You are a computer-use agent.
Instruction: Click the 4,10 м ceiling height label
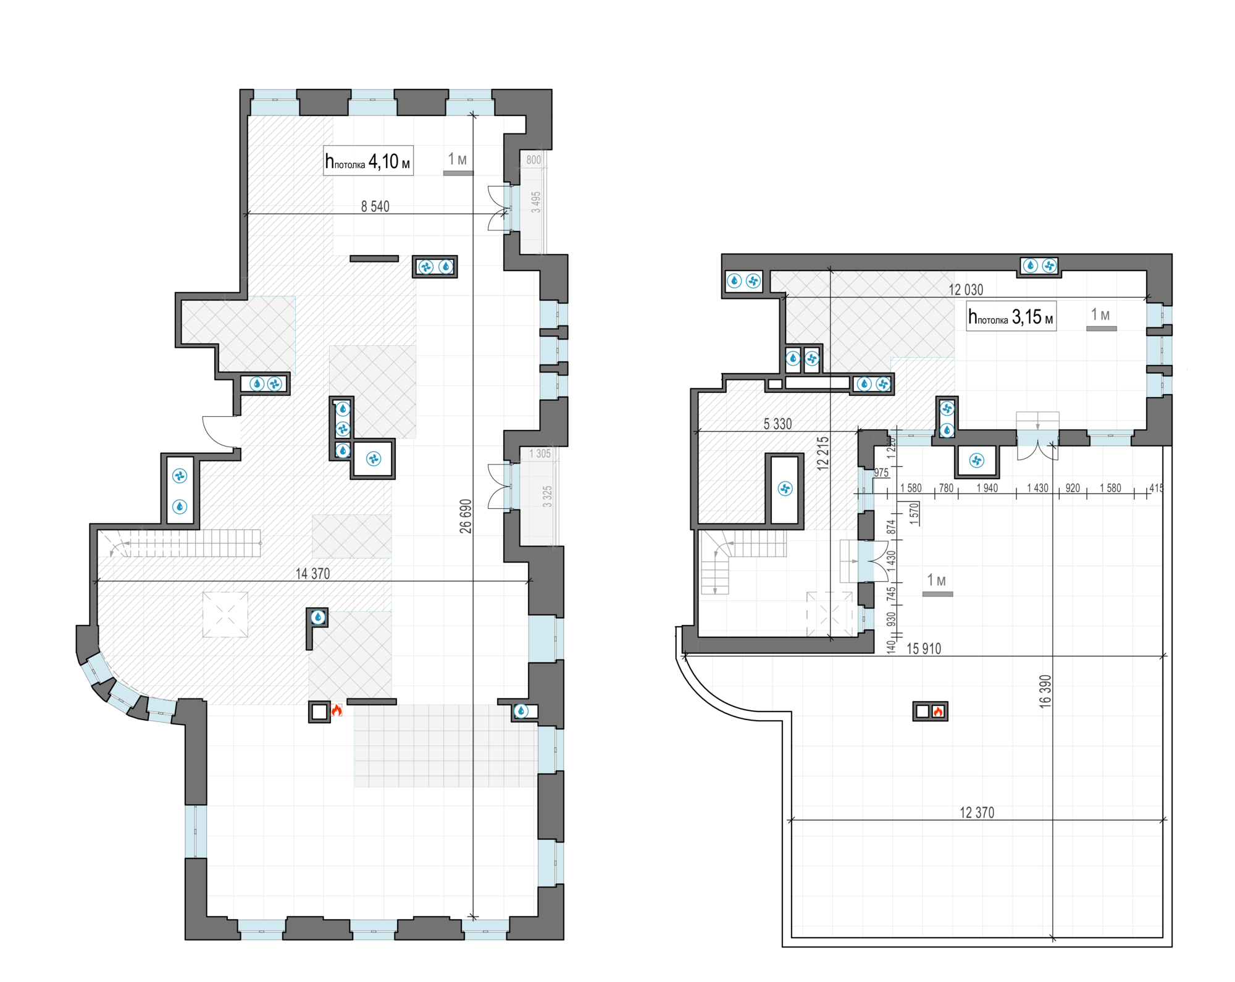368,161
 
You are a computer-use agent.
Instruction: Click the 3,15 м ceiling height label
1011,317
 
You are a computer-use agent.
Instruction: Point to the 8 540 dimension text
375,206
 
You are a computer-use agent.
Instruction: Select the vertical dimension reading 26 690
466,516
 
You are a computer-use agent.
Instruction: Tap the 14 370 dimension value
312,574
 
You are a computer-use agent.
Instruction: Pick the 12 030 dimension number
966,290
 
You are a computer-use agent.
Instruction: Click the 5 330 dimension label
777,424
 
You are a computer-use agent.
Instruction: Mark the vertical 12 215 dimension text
823,454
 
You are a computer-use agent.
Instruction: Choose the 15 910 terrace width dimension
924,648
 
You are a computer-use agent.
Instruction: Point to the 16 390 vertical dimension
1045,691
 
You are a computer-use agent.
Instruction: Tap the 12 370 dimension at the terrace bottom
977,813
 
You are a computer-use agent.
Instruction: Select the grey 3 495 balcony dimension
536,202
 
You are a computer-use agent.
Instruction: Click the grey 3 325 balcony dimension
547,497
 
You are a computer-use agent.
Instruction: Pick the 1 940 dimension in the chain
987,488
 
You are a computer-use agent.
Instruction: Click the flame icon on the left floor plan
337,710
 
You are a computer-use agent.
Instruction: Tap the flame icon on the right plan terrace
938,711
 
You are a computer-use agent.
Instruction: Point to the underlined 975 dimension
881,472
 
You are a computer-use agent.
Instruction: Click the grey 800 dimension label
534,160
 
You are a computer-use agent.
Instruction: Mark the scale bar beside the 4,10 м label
458,173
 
